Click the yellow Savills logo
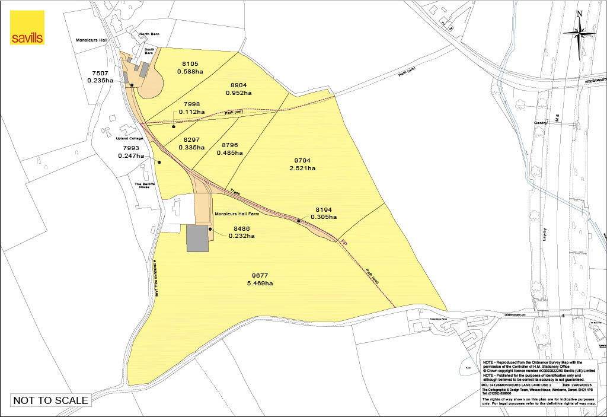(x=27, y=28)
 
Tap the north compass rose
(x=579, y=31)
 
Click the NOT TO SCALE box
(x=50, y=400)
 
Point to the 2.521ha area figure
(x=302, y=168)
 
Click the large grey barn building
(x=197, y=238)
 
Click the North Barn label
(x=149, y=34)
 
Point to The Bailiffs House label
(x=147, y=185)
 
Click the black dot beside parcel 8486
(x=210, y=228)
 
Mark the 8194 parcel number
(x=325, y=209)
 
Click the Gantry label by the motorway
(x=540, y=123)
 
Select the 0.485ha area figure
(x=230, y=153)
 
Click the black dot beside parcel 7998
(x=174, y=126)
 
